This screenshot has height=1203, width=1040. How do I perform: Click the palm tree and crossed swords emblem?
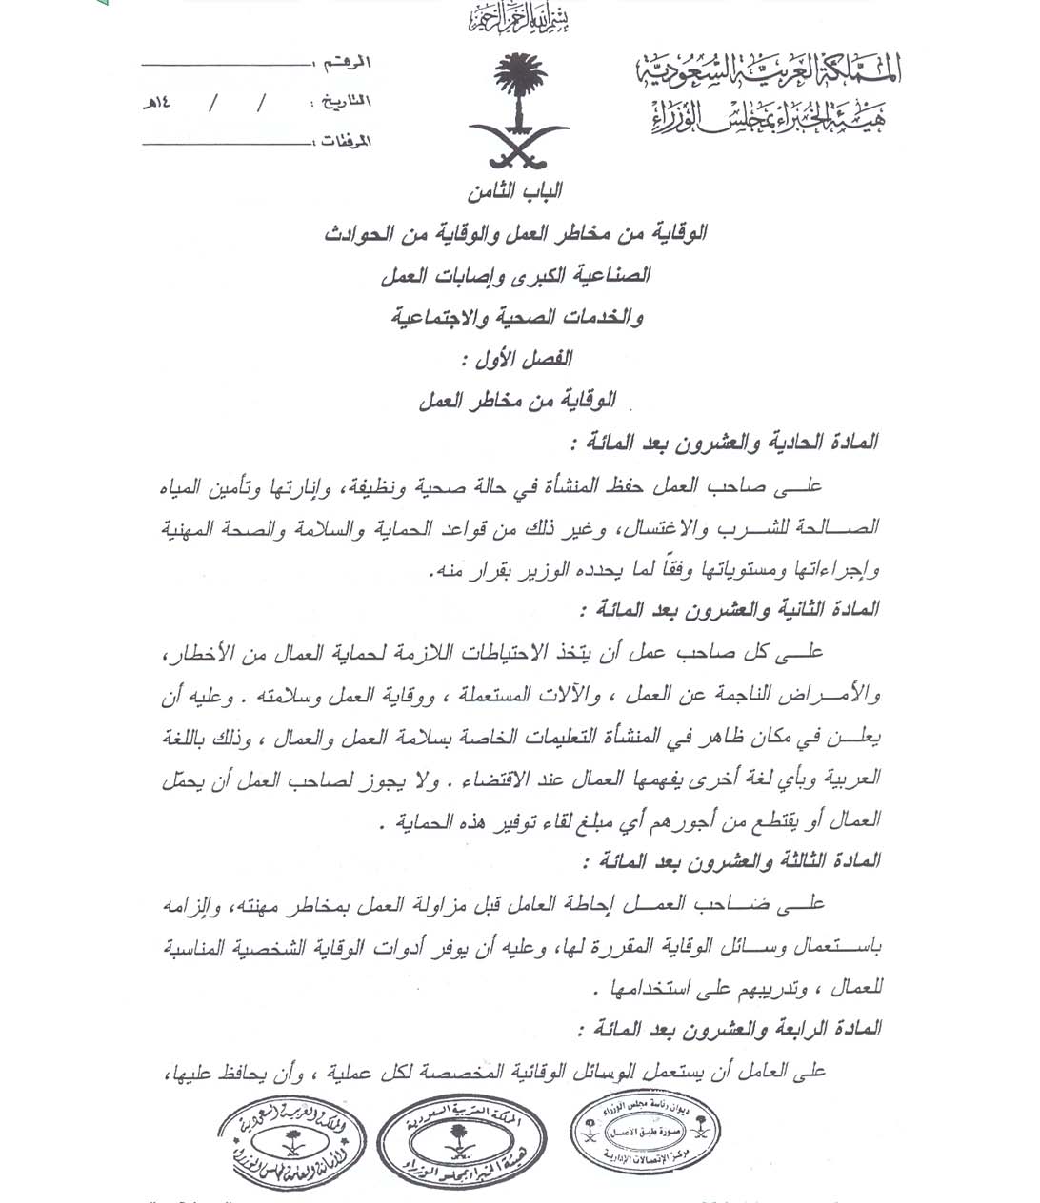point(518,112)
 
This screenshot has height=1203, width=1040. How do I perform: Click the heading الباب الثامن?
point(515,192)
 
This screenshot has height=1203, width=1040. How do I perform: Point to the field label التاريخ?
point(341,101)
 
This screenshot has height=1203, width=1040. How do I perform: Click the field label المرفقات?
point(342,142)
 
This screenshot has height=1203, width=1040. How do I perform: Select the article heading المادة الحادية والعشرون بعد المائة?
point(725,443)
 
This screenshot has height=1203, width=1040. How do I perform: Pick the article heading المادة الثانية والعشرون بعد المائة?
point(729,609)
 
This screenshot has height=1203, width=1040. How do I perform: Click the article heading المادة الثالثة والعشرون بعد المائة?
point(729,860)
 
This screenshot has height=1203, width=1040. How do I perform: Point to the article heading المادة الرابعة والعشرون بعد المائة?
point(729,1028)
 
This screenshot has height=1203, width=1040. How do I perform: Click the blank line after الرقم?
point(227,64)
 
